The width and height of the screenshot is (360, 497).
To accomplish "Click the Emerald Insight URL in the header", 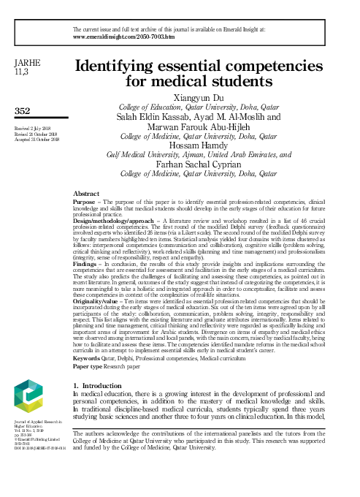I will pyautogui.click(x=123, y=35).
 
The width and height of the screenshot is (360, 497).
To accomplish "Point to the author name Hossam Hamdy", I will pyautogui.click(x=198, y=145).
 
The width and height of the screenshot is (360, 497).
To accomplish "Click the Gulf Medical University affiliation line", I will pyautogui.click(x=198, y=155).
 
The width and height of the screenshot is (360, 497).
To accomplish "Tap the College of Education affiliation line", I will pyautogui.click(x=198, y=106).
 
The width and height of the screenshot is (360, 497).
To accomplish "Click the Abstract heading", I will pyautogui.click(x=86, y=194).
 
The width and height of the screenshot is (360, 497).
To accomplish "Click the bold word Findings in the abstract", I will pyautogui.click(x=84, y=262).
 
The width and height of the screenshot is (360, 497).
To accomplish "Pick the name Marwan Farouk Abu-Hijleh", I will pyautogui.click(x=198, y=126).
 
